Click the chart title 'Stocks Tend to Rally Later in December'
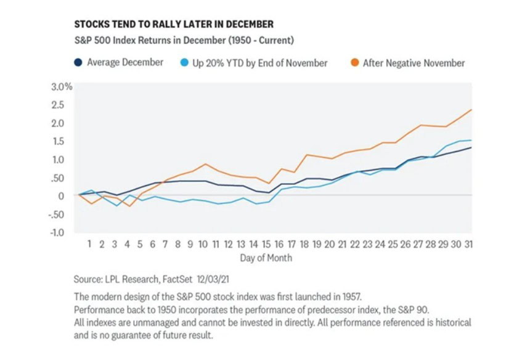click(x=174, y=24)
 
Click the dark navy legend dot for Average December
click(x=78, y=63)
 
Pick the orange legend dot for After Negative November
click(x=354, y=63)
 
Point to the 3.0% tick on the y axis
click(x=61, y=86)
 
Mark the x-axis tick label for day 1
click(x=89, y=244)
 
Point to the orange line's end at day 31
click(x=472, y=110)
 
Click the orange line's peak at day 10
click(x=206, y=164)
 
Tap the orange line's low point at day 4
click(x=129, y=206)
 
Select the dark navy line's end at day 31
click(x=472, y=147)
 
